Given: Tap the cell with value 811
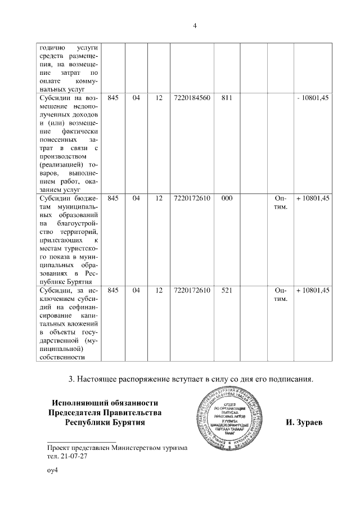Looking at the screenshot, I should tap(227, 98).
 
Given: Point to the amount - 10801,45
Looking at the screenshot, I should tap(313, 98).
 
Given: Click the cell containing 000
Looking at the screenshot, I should tap(227, 199).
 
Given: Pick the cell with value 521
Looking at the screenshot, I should tap(227, 290).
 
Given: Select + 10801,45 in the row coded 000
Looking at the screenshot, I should tap(312, 199).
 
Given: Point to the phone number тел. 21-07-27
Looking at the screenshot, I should tap(67, 456).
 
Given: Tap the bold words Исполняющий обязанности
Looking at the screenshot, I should tap(105, 402).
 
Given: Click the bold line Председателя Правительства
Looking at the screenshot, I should tap(105, 412).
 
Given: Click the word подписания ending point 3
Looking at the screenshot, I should tap(289, 379).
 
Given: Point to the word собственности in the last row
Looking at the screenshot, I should tap(62, 356).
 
